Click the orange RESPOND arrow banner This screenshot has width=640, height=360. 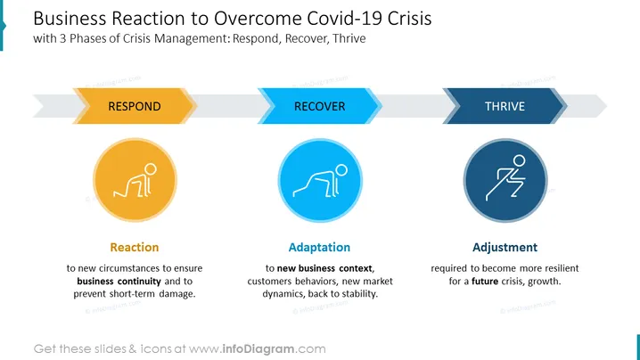click(x=135, y=106)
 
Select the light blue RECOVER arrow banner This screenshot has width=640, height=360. click(x=320, y=106)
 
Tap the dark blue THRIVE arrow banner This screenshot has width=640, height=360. click(x=505, y=106)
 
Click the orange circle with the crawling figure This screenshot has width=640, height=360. click(x=135, y=180)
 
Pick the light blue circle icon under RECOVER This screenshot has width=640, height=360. click(x=320, y=180)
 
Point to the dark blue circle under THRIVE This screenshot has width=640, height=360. click(x=505, y=180)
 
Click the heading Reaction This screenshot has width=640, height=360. click(x=135, y=248)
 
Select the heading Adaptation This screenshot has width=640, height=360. click(x=319, y=248)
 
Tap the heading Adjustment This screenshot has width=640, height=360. click(x=505, y=248)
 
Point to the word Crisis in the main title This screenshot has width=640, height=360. click(x=409, y=19)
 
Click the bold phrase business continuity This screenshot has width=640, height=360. click(x=119, y=282)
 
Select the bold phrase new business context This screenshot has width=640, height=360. click(x=324, y=268)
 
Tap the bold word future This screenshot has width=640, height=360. click(x=485, y=282)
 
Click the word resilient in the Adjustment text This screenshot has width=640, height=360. click(x=561, y=268)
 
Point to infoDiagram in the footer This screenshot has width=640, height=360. click(x=258, y=349)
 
